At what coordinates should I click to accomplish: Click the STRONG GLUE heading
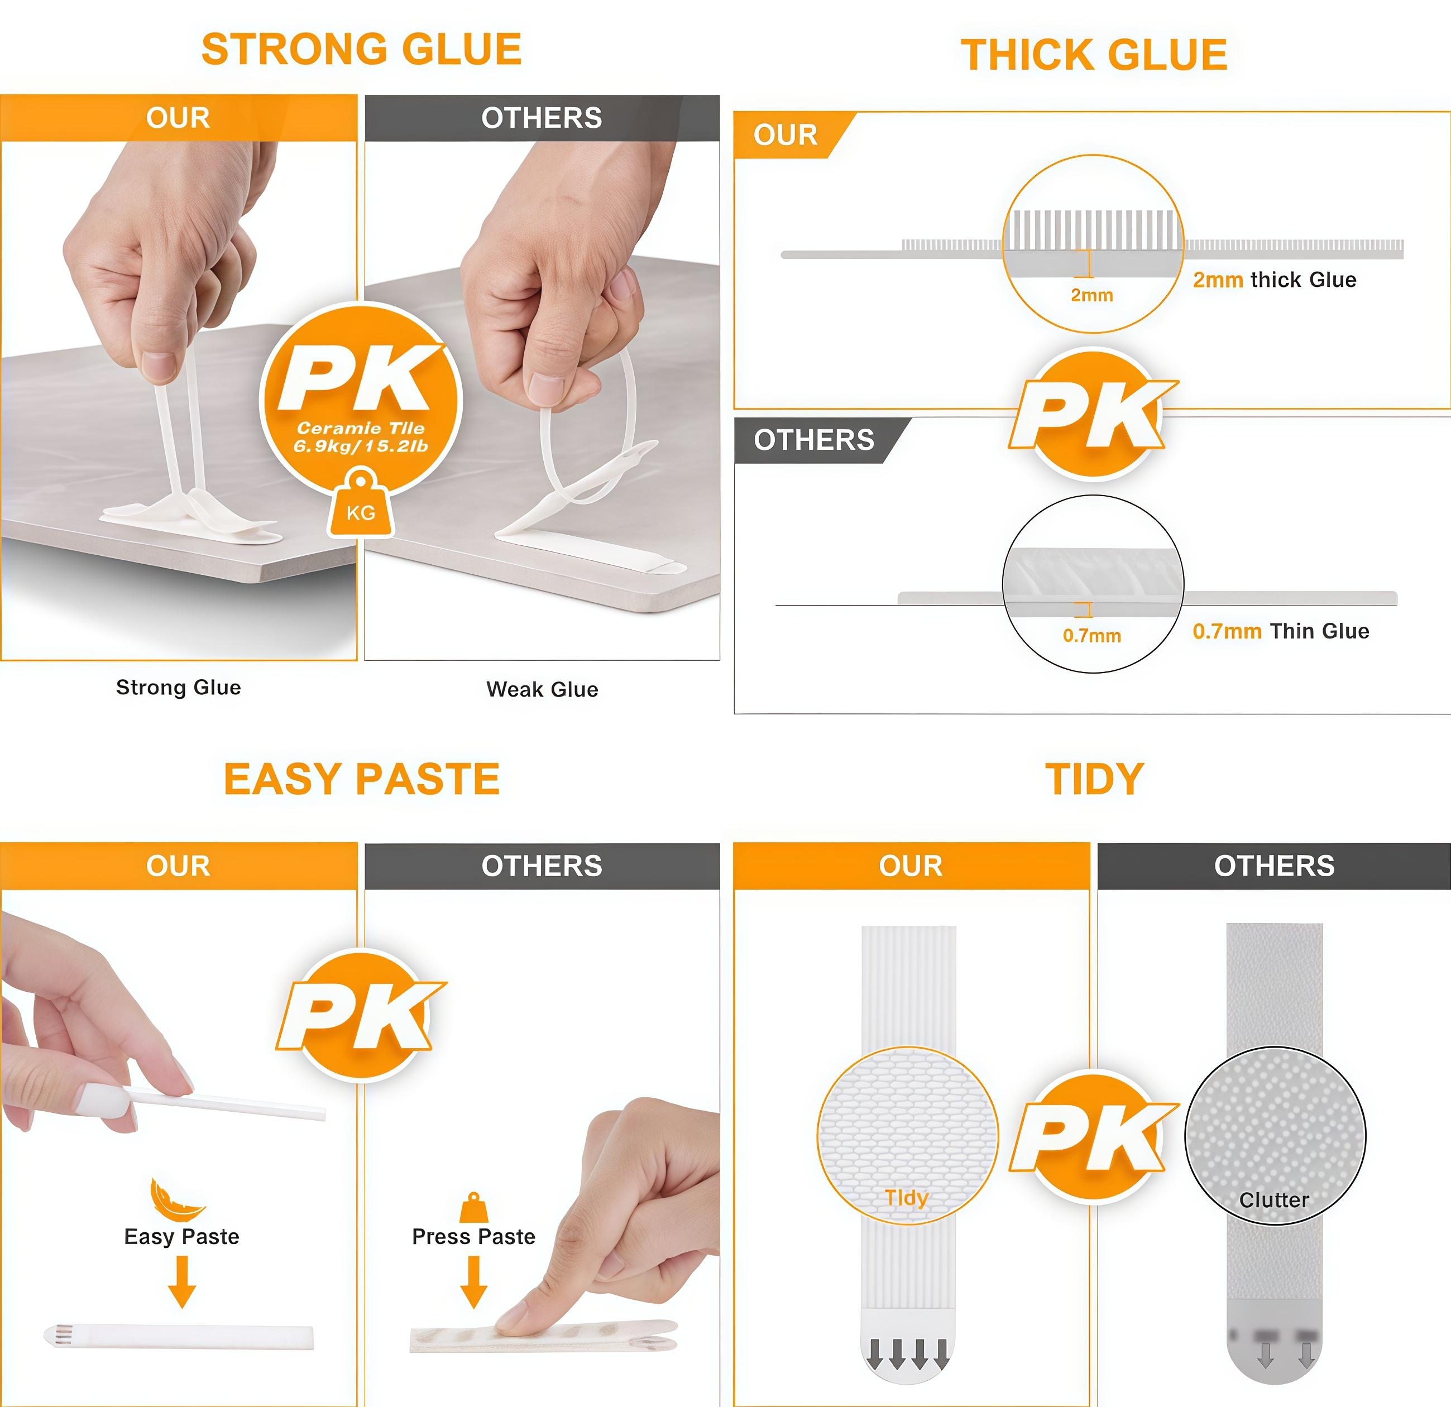(361, 50)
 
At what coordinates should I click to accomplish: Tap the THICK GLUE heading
(1094, 55)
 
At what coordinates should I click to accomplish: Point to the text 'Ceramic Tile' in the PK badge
(361, 428)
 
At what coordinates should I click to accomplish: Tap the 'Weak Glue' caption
(542, 689)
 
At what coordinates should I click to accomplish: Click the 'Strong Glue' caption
(179, 687)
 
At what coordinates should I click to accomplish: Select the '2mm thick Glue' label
(1274, 280)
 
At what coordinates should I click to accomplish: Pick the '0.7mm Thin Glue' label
(1280, 631)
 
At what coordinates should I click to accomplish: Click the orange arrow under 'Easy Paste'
(182, 1282)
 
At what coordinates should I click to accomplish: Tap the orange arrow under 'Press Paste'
(474, 1282)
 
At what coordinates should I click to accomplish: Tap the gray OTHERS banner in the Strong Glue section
(542, 118)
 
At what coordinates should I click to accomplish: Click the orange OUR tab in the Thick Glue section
(786, 135)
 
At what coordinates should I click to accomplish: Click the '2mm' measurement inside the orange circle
(1091, 295)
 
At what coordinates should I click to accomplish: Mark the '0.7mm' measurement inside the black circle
(1091, 635)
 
